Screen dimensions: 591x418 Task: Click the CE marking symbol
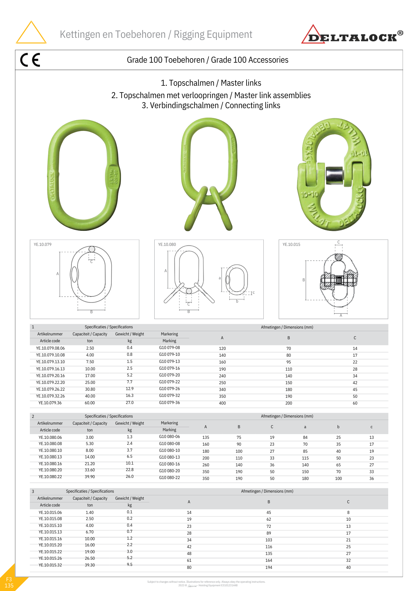click(x=30, y=60)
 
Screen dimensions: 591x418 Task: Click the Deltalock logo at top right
click(x=352, y=35)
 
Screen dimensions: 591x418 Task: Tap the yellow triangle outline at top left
click(x=31, y=33)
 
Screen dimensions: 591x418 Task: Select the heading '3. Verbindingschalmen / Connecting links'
click(x=211, y=105)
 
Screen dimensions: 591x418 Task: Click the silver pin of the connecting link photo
click(x=334, y=175)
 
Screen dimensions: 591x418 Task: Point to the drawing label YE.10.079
click(x=43, y=244)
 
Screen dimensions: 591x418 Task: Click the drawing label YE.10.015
click(x=291, y=244)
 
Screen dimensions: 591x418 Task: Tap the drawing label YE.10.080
click(x=167, y=244)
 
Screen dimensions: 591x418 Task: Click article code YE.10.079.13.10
click(x=50, y=362)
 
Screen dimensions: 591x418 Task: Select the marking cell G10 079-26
click(x=169, y=389)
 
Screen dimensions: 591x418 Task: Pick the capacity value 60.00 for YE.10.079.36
click(x=90, y=403)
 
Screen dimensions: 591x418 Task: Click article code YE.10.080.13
click(x=50, y=457)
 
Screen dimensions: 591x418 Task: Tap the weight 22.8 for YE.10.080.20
click(x=129, y=470)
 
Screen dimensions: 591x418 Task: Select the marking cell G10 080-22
click(x=169, y=478)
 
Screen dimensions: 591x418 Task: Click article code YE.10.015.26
click(x=50, y=558)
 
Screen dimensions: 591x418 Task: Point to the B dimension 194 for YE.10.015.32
click(x=269, y=567)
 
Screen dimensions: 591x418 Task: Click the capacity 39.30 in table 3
click(x=90, y=565)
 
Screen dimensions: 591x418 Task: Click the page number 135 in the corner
click(x=9, y=585)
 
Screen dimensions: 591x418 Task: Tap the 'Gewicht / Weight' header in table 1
click(x=129, y=334)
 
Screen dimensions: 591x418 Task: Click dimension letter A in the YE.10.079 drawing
click(x=58, y=274)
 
